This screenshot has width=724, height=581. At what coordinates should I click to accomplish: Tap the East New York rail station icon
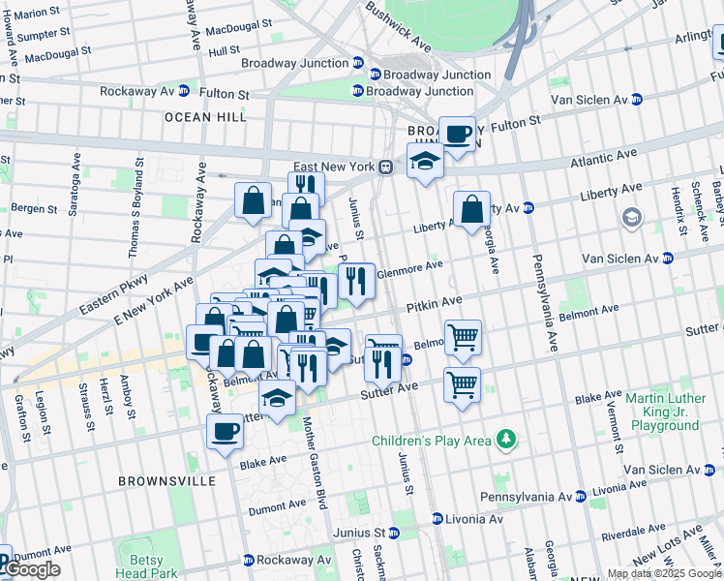pyautogui.click(x=385, y=167)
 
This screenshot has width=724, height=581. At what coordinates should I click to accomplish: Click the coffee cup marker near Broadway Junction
pyautogui.click(x=457, y=134)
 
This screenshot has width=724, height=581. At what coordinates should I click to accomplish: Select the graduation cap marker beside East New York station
pyautogui.click(x=424, y=160)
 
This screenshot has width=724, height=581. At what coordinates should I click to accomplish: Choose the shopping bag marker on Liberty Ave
pyautogui.click(x=471, y=209)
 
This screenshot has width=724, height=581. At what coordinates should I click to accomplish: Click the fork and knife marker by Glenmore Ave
pyautogui.click(x=356, y=280)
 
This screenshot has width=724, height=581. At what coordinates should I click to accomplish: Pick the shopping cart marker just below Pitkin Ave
pyautogui.click(x=463, y=338)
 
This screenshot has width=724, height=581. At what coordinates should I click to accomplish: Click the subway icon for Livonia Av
pyautogui.click(x=437, y=519)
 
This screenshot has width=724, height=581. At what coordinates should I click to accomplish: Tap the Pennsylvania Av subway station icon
pyautogui.click(x=580, y=496)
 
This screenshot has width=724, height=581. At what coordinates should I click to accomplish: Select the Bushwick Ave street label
pyautogui.click(x=398, y=26)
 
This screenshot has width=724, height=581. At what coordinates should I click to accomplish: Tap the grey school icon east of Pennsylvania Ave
pyautogui.click(x=632, y=217)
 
